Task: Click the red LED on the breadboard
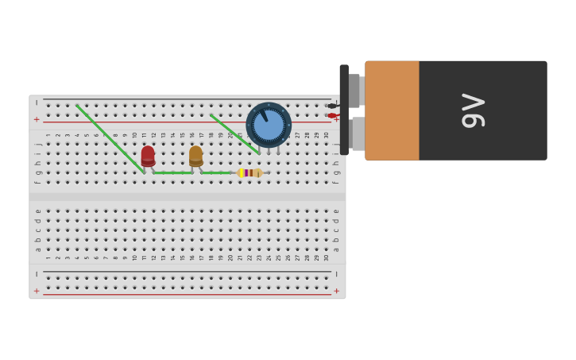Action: click(148, 155)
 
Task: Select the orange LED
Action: click(195, 155)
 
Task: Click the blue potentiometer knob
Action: click(269, 125)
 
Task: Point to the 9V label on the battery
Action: click(474, 110)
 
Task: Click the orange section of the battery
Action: click(392, 110)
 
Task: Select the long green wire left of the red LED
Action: click(110, 138)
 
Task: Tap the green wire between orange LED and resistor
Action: click(215, 172)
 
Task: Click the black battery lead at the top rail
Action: click(332, 106)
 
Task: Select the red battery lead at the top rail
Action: click(332, 116)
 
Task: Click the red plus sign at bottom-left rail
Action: click(37, 292)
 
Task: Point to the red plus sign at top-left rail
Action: click(37, 120)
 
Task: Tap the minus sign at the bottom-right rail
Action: click(336, 274)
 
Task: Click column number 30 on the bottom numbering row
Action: click(327, 257)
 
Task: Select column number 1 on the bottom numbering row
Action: click(48, 257)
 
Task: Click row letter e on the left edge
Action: click(37, 211)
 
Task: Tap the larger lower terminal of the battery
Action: click(358, 134)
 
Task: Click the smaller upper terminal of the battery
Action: click(354, 91)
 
